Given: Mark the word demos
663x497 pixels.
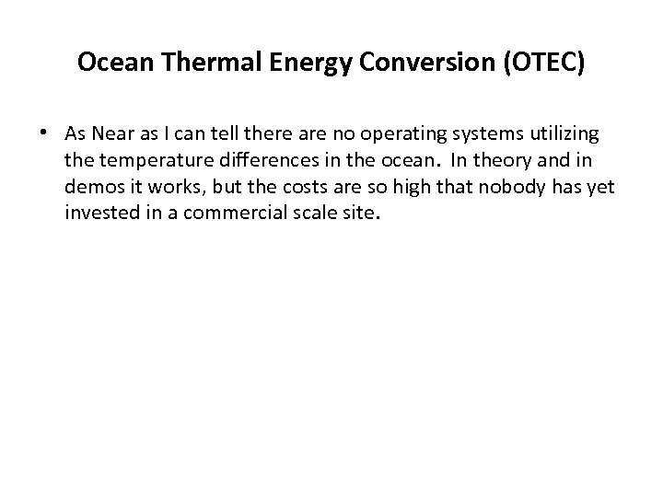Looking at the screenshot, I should (90, 189).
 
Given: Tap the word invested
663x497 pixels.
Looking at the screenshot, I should (98, 214).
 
